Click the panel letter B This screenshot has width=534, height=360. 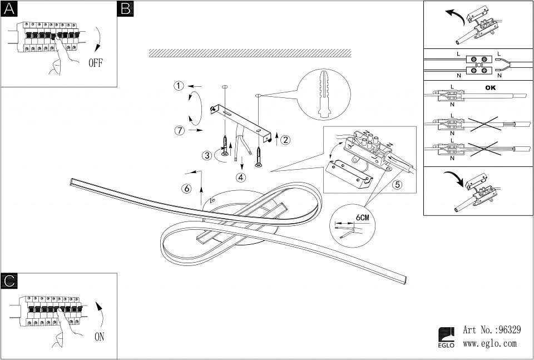click(125, 8)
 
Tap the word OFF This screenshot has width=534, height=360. click(96, 62)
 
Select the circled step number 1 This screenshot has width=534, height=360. click(178, 86)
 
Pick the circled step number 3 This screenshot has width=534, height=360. click(207, 156)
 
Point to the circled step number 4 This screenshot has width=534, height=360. click(240, 178)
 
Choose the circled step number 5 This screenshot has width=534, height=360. click(397, 185)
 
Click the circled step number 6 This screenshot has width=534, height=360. click(187, 189)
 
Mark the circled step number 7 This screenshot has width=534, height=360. click(179, 131)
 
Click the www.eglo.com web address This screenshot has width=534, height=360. click(489, 344)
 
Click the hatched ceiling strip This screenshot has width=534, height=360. click(250, 53)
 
